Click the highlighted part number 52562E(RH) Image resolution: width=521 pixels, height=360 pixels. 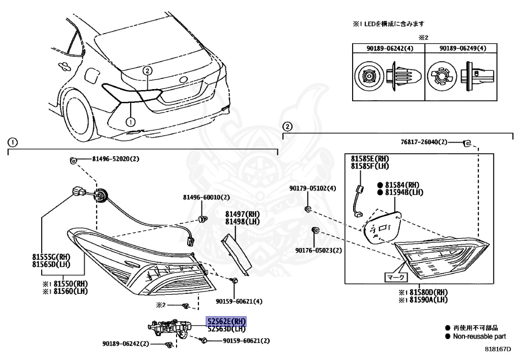226,321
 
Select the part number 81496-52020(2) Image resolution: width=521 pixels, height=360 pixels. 115,159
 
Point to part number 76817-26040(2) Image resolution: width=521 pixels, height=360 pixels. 423,142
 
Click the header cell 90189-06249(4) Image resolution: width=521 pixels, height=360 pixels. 455,48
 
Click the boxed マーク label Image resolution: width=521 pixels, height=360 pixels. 395,277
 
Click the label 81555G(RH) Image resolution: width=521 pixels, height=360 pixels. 55,256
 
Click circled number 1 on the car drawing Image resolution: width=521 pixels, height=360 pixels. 130,122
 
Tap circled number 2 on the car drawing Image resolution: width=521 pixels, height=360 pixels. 147,71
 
